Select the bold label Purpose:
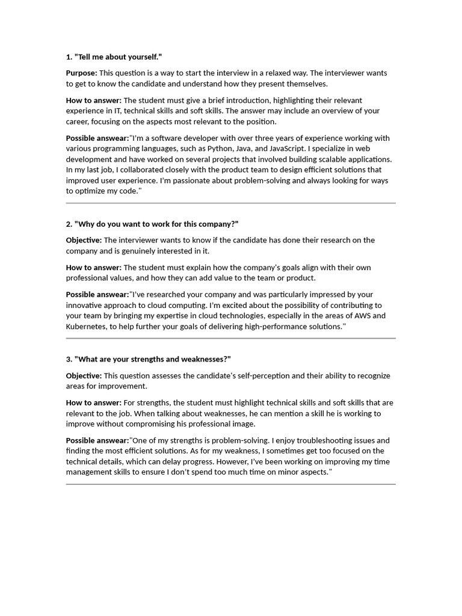coord(81,73)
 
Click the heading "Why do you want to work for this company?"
coord(156,224)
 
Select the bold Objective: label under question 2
coord(84,240)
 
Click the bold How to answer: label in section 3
coord(93,402)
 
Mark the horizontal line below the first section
coord(230,203)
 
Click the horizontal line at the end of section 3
coord(230,484)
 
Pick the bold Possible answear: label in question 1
coord(97,138)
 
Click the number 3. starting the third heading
coord(69,359)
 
